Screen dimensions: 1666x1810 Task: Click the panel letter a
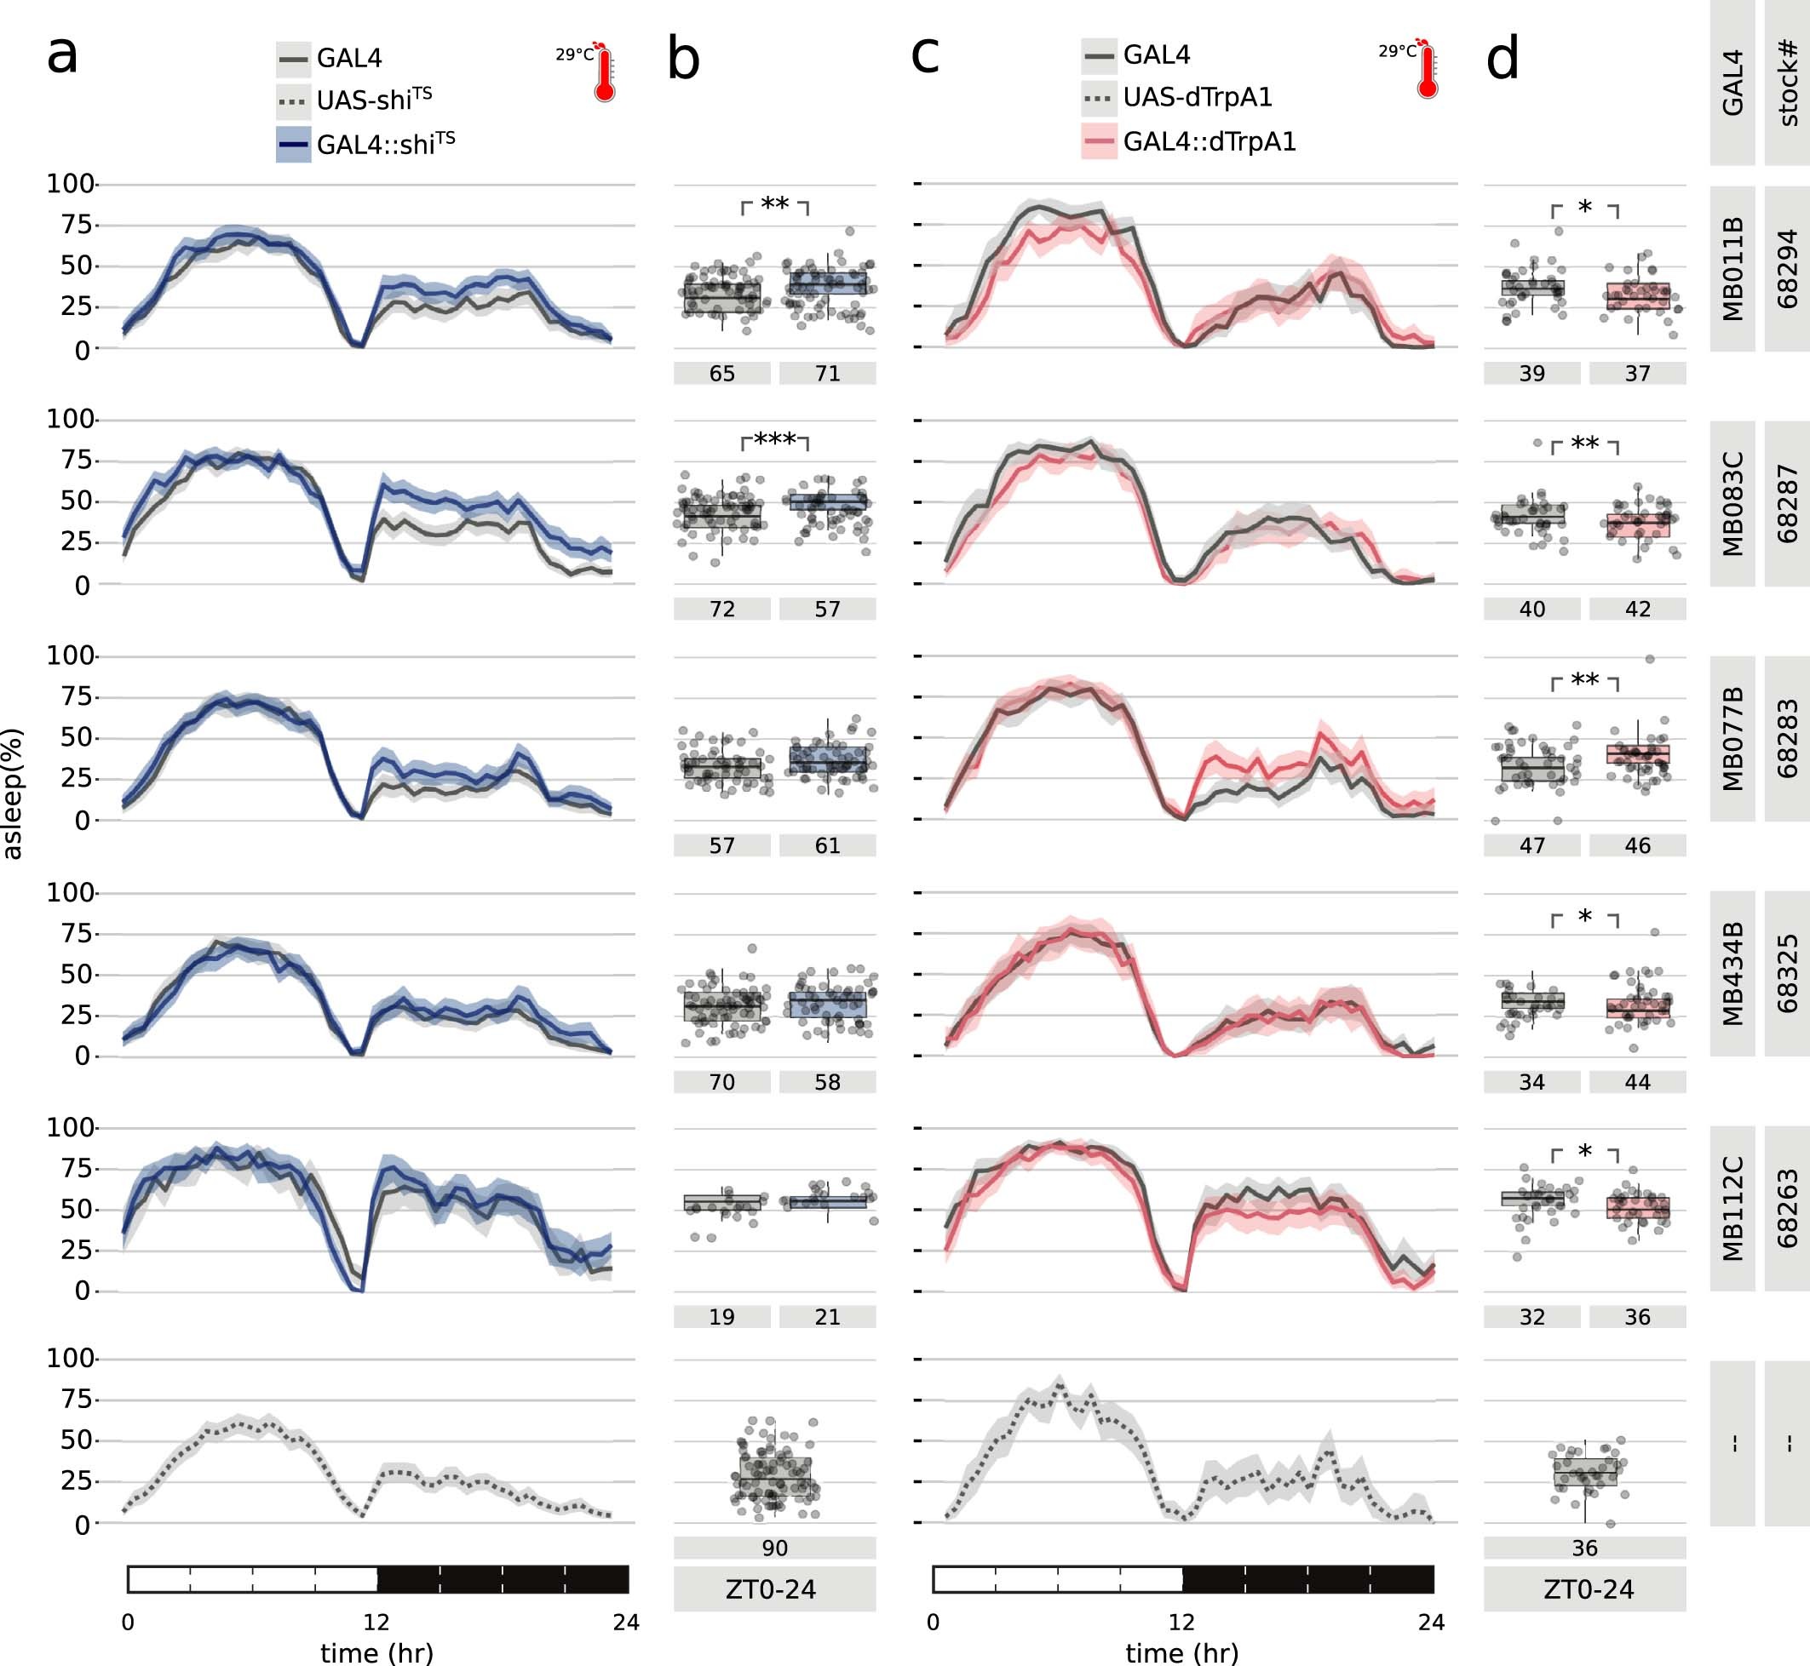pos(62,56)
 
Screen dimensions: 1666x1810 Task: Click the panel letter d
pos(1503,60)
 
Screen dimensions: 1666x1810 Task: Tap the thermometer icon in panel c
pos(1427,71)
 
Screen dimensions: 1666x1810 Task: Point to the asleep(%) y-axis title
pos(13,793)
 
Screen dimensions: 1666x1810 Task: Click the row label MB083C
pos(1732,503)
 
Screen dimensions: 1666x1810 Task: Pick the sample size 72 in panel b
pos(721,610)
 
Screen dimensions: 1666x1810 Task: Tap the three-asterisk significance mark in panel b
pos(775,441)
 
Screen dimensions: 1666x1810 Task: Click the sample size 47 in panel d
pos(1532,845)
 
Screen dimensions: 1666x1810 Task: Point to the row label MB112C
pos(1732,1208)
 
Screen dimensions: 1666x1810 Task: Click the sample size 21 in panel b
pos(827,1317)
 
